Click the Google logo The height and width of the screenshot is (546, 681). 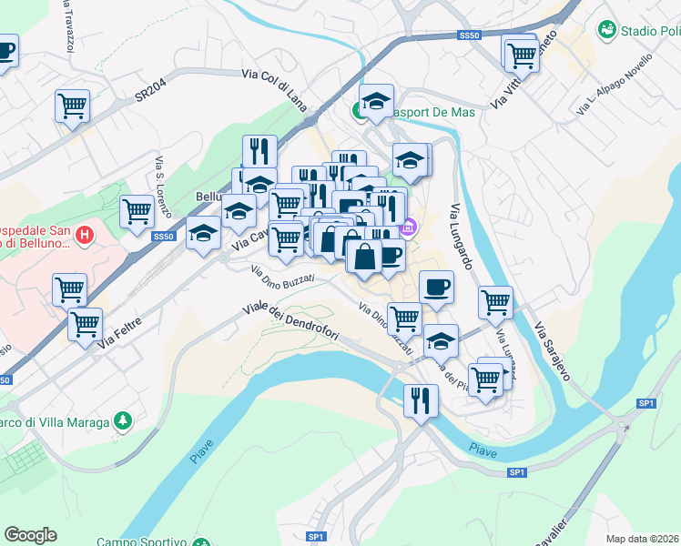pyautogui.click(x=30, y=535)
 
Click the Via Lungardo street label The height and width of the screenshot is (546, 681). pyautogui.click(x=462, y=238)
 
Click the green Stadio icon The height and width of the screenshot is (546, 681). pyautogui.click(x=606, y=31)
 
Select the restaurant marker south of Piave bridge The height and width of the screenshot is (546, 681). pyautogui.click(x=420, y=399)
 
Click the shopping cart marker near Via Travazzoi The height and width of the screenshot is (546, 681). pyautogui.click(x=72, y=104)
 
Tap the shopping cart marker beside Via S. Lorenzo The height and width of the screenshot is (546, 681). pyautogui.click(x=137, y=210)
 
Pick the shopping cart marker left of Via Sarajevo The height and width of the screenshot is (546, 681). pyautogui.click(x=495, y=300)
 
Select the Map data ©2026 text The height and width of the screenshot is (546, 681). pyautogui.click(x=642, y=539)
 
